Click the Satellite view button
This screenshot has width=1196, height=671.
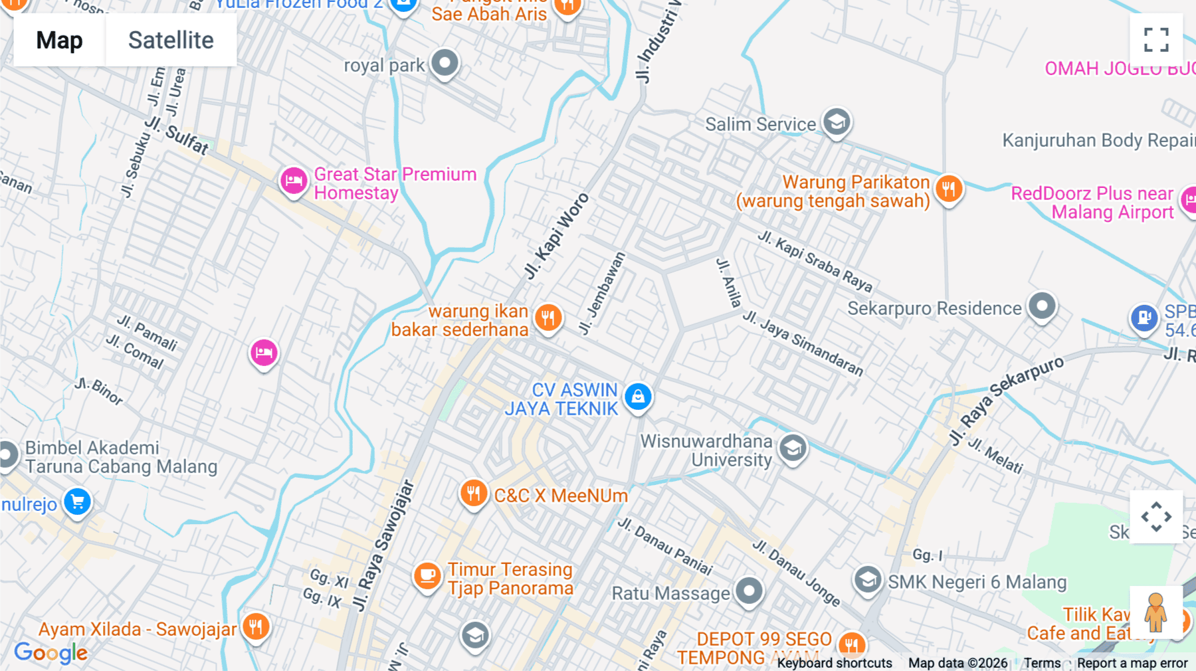click(x=171, y=41)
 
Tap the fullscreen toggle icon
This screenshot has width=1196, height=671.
click(x=1156, y=40)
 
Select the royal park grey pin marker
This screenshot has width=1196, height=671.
click(x=445, y=64)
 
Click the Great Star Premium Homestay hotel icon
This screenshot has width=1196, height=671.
click(x=294, y=181)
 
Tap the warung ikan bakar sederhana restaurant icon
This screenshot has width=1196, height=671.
click(x=548, y=318)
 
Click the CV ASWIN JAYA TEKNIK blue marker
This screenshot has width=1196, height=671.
click(x=638, y=397)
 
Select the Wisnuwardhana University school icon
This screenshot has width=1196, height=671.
click(x=792, y=448)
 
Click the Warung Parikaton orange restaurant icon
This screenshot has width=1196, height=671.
click(x=949, y=189)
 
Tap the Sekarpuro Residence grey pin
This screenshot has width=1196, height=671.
click(x=1042, y=307)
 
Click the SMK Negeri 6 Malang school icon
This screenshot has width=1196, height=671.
click(x=868, y=580)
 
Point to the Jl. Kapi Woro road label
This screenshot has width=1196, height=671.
click(x=557, y=236)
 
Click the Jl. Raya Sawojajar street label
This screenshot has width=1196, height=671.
click(x=384, y=545)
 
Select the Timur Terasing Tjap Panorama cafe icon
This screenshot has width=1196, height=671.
click(x=427, y=576)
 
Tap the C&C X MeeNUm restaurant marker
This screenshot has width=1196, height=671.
click(x=473, y=494)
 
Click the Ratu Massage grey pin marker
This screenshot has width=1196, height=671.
click(x=749, y=590)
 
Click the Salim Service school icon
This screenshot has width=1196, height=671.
click(x=837, y=122)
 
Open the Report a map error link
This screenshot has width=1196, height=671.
click(x=1132, y=663)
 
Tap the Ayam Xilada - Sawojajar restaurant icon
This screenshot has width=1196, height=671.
click(x=256, y=626)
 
